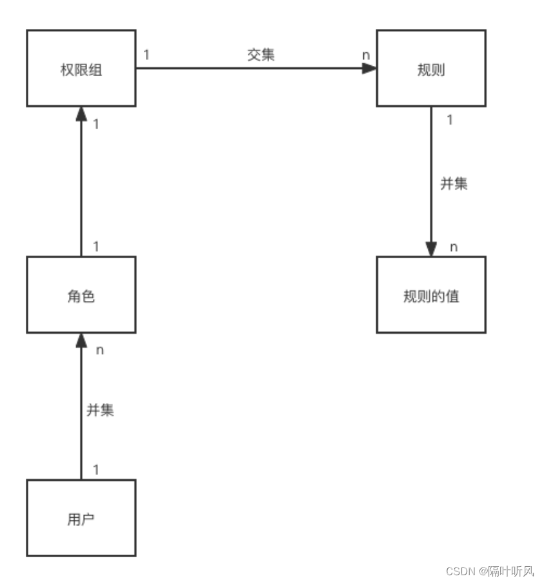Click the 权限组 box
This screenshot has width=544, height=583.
pos(81,68)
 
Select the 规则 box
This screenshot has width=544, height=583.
pos(430,68)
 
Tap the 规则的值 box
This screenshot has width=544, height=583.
pos(430,295)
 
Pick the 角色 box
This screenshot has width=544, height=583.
pos(81,295)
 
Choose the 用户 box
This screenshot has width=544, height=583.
pos(81,518)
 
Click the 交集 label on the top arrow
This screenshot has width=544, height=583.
pos(261,55)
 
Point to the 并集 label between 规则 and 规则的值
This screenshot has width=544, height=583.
pos(453,183)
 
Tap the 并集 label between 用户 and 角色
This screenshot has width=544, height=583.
pos(100,409)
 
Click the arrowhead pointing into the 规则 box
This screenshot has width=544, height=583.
pos(368,68)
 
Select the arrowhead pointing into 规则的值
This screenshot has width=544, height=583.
pos(431,249)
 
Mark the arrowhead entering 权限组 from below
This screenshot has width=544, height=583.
pos(81,114)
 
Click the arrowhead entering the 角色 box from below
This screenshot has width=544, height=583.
pos(81,341)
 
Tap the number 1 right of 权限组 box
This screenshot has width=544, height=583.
pos(146,55)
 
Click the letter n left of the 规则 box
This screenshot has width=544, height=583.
pos(366,55)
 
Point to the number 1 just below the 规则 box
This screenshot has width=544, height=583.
pos(450,119)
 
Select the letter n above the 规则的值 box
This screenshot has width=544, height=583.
pos(453,247)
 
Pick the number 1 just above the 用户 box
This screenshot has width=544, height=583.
pos(96,469)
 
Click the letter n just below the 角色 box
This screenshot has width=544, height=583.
pos(99,350)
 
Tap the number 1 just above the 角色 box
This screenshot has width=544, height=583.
pos(96,246)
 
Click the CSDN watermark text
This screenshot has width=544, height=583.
pos(489,571)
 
